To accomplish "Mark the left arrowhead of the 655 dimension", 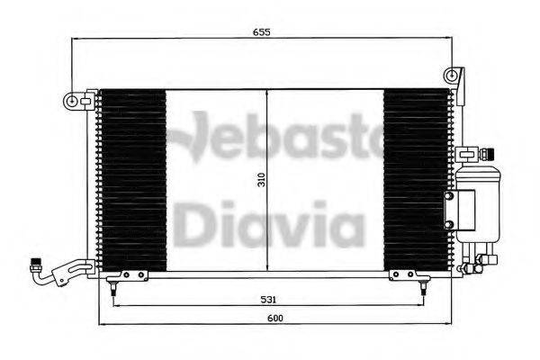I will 76,39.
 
